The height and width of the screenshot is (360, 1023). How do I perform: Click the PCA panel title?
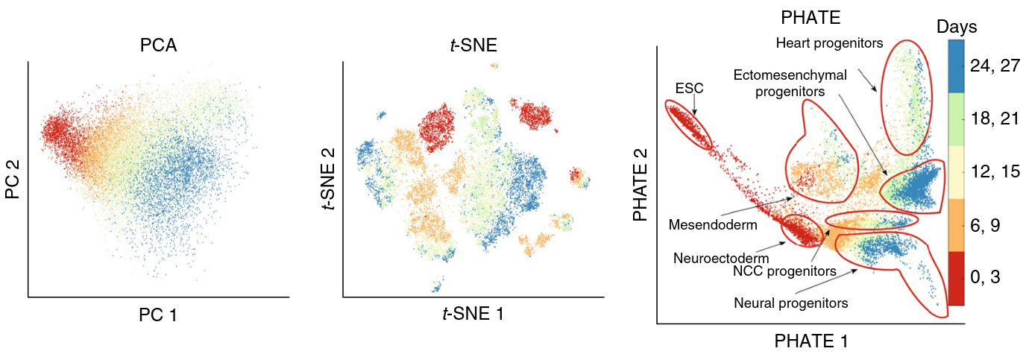coord(158,45)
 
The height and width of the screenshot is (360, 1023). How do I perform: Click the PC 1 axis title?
coord(158,315)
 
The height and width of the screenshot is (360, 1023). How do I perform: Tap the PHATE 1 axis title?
coord(811,341)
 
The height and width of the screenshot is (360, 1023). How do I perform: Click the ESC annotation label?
coord(688,88)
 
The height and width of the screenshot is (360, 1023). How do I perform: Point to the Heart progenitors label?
coord(829,43)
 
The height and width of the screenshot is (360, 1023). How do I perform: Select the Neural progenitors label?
coord(791,303)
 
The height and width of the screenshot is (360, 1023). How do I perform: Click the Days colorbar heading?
coord(957,27)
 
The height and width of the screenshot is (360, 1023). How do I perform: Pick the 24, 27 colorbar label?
coord(995,66)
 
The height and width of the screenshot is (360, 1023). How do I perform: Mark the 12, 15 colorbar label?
coord(995,171)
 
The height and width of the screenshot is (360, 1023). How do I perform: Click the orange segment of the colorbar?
coord(957,224)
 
